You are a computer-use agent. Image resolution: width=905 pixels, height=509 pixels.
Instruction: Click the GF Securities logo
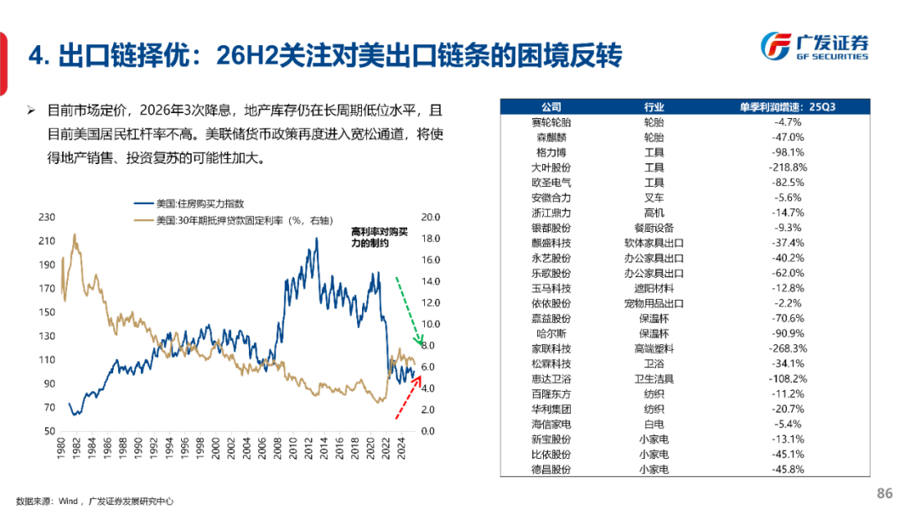[814, 47]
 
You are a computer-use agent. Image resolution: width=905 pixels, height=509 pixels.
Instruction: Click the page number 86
[884, 494]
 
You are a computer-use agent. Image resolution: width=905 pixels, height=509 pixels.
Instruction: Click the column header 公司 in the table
[551, 107]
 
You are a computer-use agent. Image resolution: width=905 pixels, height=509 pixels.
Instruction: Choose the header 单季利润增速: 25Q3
[788, 107]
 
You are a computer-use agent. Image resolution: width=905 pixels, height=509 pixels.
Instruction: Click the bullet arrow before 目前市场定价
[30, 111]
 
